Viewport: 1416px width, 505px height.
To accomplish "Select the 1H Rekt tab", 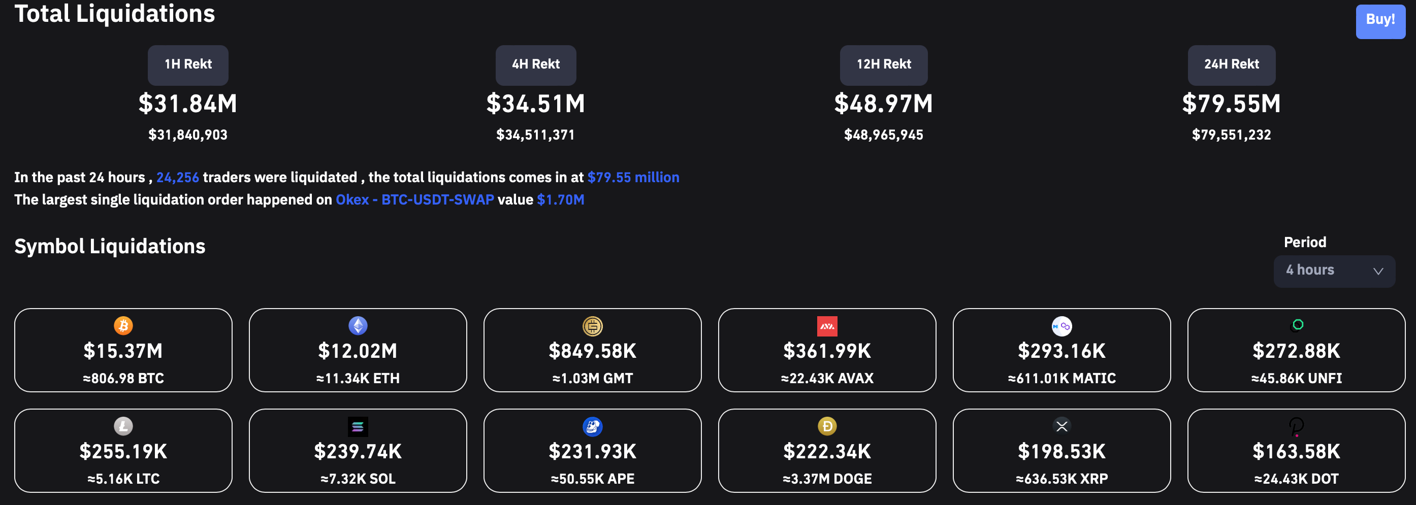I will (188, 65).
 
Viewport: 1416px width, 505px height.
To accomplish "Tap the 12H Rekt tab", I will (883, 65).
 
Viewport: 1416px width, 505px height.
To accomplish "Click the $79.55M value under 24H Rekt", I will (1231, 104).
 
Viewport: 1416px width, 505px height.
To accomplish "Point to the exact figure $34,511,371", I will (535, 134).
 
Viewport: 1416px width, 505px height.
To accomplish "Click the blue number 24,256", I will (178, 177).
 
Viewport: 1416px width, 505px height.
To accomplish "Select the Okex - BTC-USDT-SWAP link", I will (414, 199).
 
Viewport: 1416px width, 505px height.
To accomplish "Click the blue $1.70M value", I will (560, 199).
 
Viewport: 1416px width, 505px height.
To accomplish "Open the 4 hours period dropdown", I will (1334, 271).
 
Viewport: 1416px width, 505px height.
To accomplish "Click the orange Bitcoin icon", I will (123, 325).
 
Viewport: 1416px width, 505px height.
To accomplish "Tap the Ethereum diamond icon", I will (358, 325).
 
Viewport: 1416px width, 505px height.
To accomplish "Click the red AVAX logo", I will (827, 326).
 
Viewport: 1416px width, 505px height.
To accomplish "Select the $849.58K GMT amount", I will (592, 351).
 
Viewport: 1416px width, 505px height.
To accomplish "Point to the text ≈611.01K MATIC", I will (1061, 378).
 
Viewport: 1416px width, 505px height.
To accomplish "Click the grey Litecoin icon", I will (123, 426).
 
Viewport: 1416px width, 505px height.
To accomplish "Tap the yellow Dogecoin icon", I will (827, 426).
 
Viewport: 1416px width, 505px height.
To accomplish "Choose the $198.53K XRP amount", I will (1061, 451).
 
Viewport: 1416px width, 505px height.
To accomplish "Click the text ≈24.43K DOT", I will (1296, 479).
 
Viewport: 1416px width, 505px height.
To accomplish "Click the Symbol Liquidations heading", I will (110, 246).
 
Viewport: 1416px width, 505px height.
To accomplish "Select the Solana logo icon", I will (358, 426).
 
